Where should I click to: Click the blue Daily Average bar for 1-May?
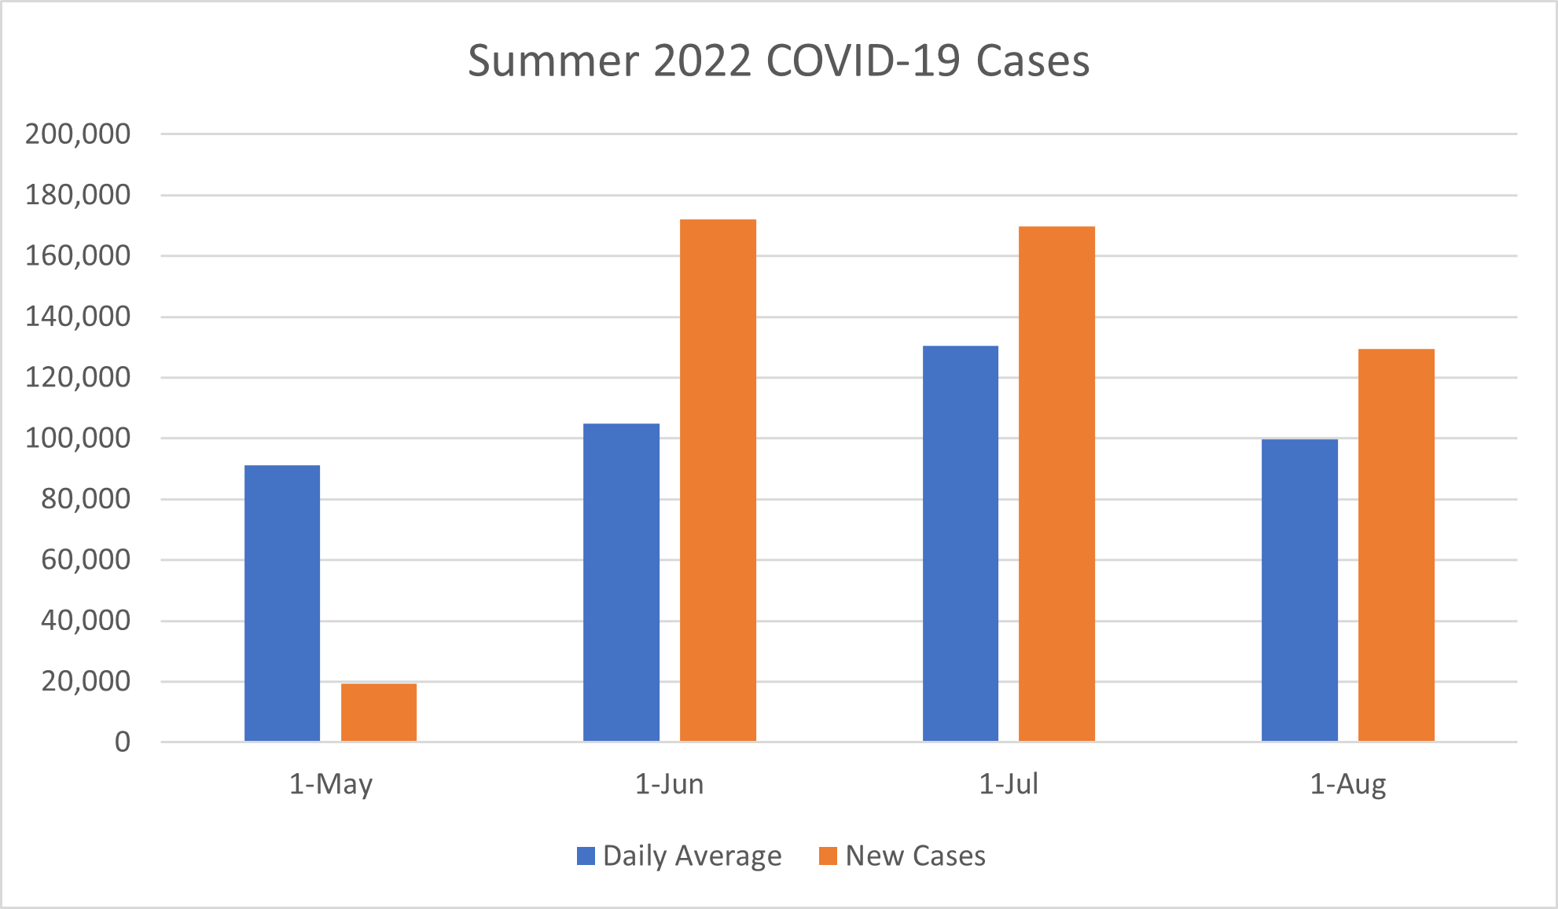[x=282, y=603]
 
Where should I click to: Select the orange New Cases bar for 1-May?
[x=379, y=713]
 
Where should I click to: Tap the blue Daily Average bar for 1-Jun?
[x=621, y=582]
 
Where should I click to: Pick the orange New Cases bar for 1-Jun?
[x=718, y=480]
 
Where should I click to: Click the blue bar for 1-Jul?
[x=961, y=544]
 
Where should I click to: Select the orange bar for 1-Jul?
[x=1056, y=484]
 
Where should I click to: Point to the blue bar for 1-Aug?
[x=1299, y=590]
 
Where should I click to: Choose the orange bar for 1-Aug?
[x=1396, y=545]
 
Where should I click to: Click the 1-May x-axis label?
[x=331, y=784]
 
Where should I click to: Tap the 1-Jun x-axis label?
[x=669, y=784]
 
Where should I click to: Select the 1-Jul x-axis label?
[x=1009, y=784]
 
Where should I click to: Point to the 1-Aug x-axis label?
[x=1347, y=784]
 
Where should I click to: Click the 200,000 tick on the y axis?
[x=78, y=134]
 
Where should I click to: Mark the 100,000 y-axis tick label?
[x=78, y=438]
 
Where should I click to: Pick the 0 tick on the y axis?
[x=123, y=742]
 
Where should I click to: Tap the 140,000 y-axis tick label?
[x=78, y=317]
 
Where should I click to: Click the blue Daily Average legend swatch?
[x=586, y=856]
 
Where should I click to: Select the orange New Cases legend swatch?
[x=828, y=856]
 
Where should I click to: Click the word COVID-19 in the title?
[x=863, y=60]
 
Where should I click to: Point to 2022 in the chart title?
[x=702, y=60]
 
